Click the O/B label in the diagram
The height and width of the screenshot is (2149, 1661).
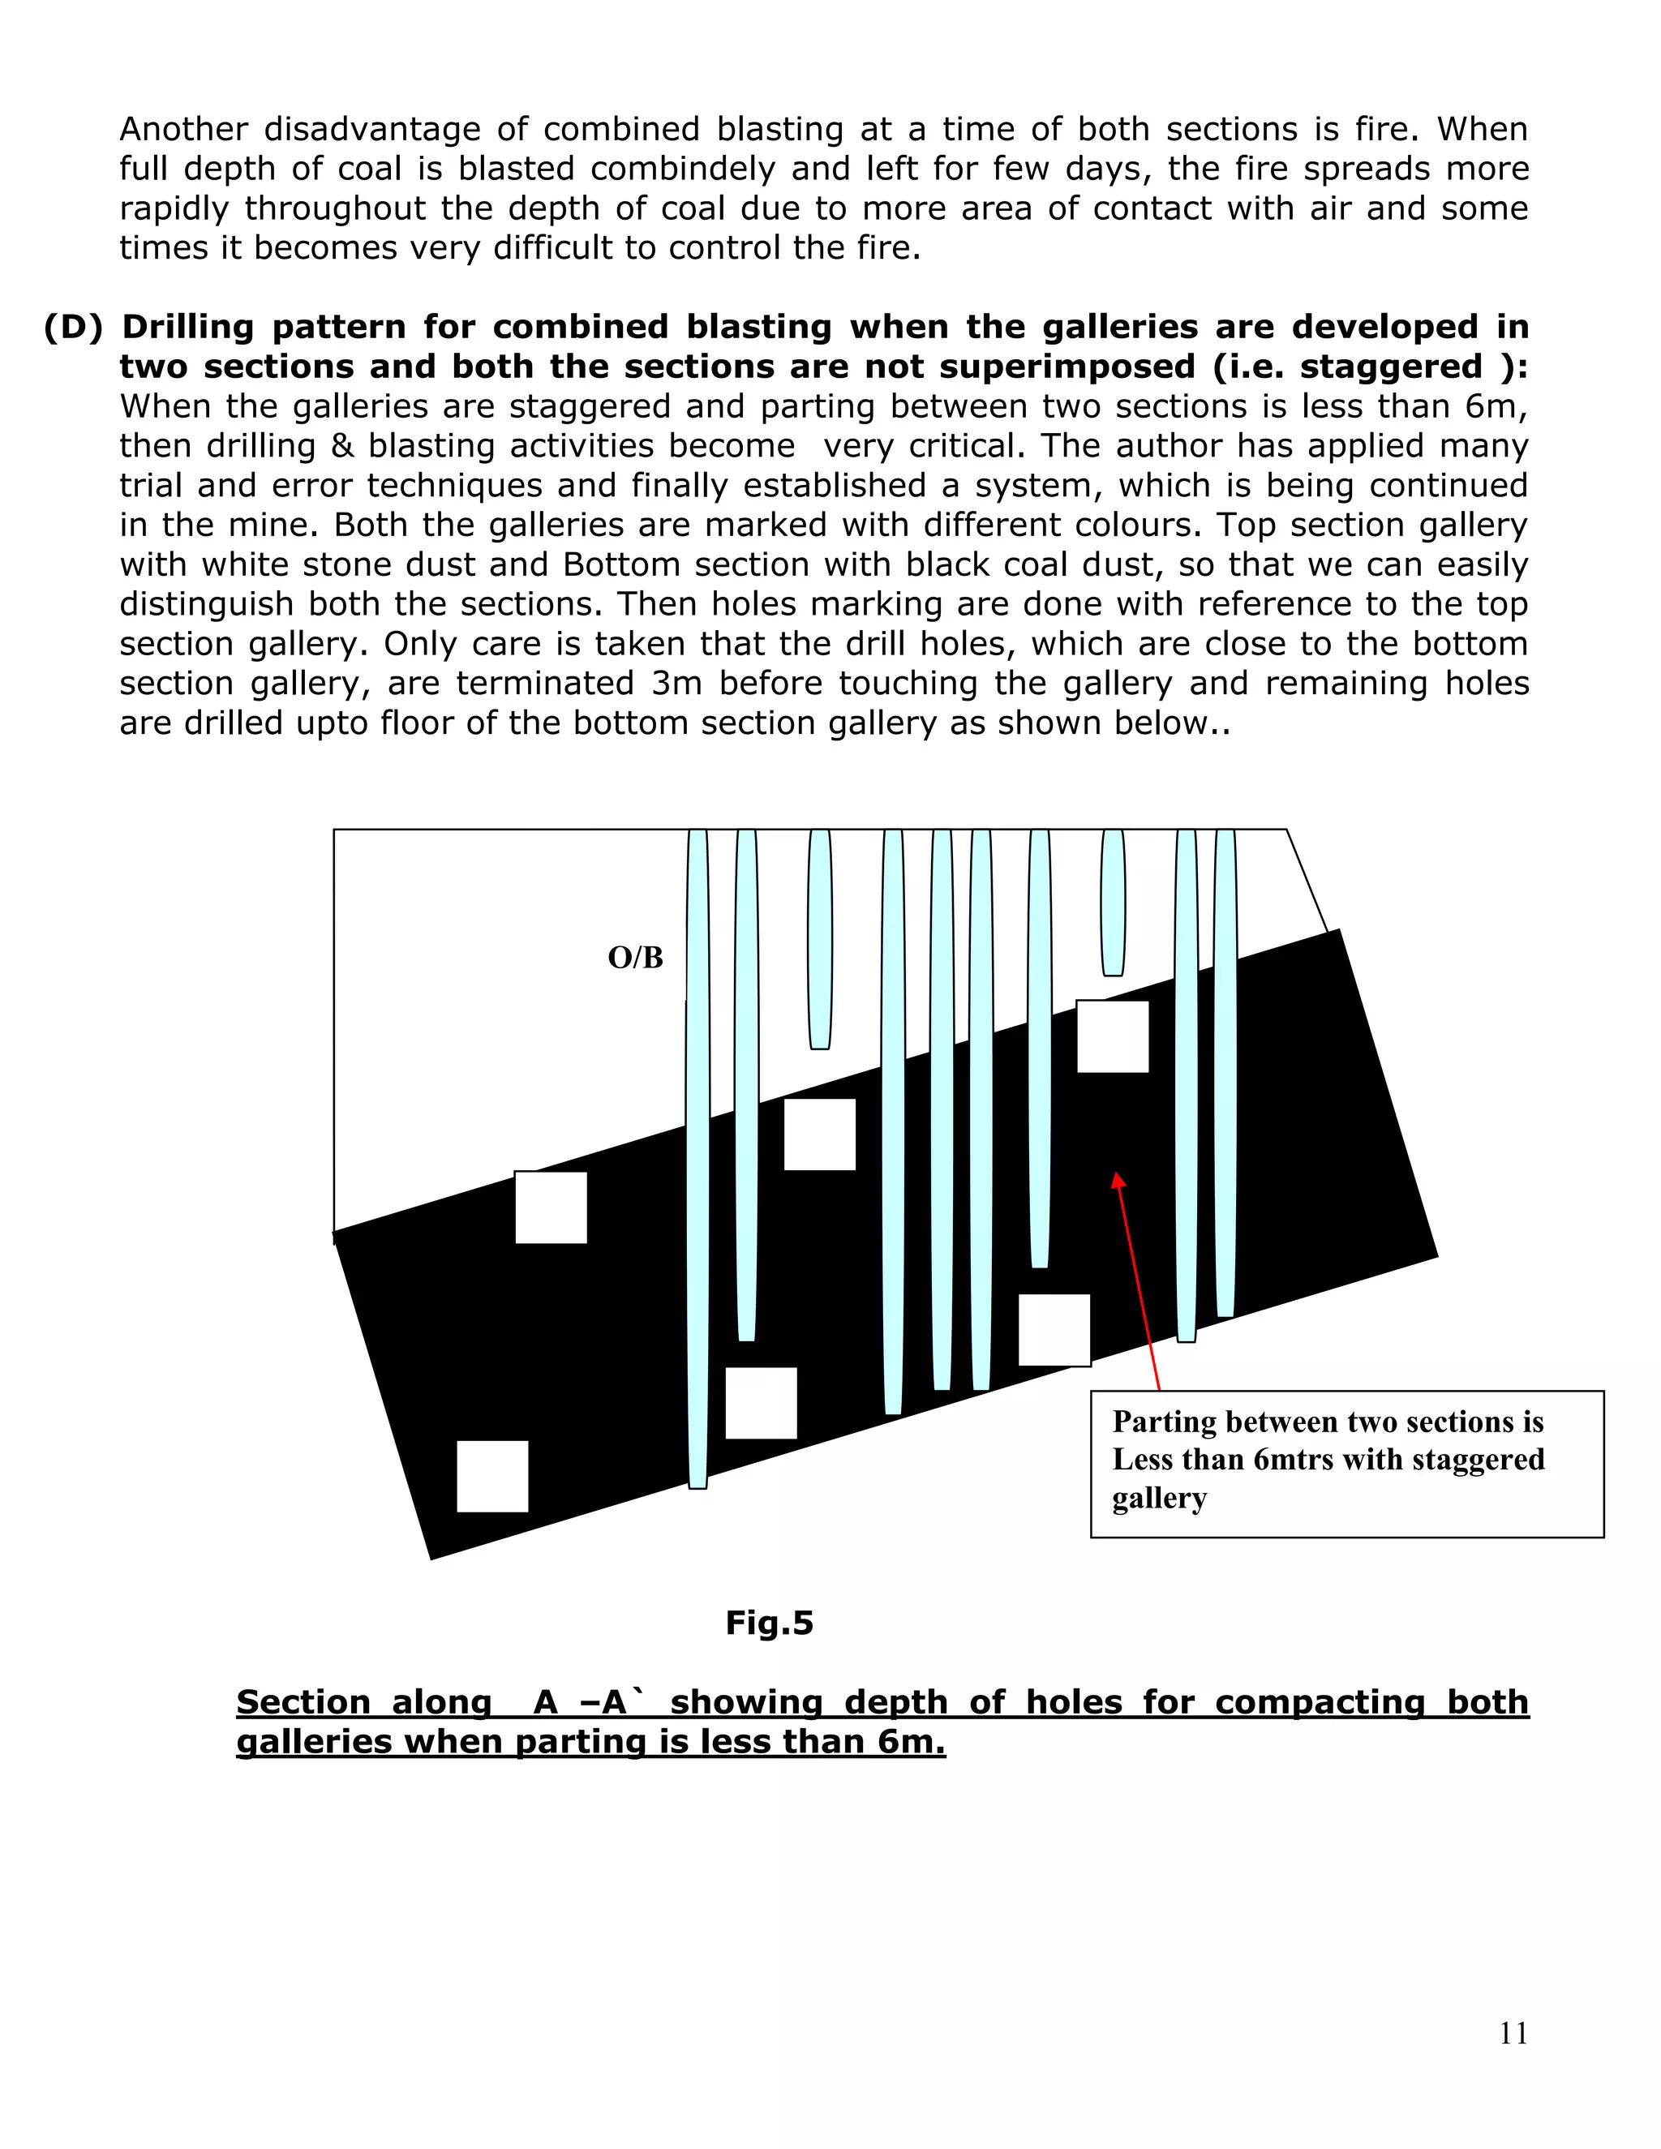click(x=635, y=958)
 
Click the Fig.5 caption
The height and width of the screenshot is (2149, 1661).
click(x=769, y=1622)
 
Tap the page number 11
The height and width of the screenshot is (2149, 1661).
click(x=1513, y=2033)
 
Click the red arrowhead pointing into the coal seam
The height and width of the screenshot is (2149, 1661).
click(x=1117, y=1180)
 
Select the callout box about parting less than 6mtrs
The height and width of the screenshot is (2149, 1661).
click(x=1346, y=1463)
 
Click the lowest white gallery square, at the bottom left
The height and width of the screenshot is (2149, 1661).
click(x=492, y=1476)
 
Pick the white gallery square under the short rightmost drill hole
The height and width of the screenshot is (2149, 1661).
click(x=1112, y=1036)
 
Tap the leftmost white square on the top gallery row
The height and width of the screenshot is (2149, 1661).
click(x=551, y=1207)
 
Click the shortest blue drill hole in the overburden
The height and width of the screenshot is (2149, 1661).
click(x=1112, y=900)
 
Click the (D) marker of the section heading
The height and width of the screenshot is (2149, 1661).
click(x=73, y=327)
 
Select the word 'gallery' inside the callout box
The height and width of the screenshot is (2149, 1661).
click(x=1158, y=1498)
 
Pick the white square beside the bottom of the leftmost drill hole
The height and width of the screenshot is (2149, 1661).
click(x=761, y=1402)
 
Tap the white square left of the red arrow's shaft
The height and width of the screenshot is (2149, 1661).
click(x=1054, y=1329)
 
